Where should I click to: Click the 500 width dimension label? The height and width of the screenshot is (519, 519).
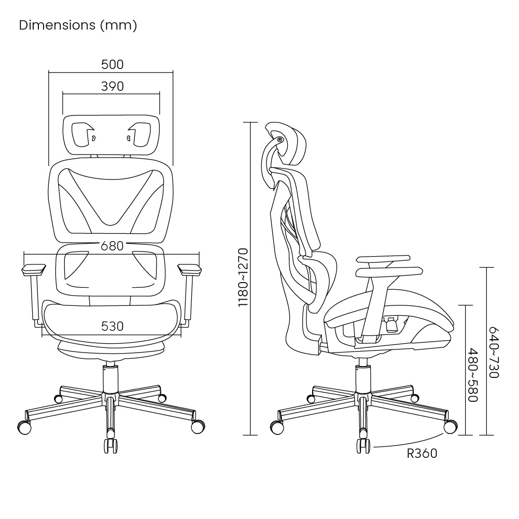click(113, 64)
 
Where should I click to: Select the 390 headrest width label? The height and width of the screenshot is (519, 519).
click(113, 86)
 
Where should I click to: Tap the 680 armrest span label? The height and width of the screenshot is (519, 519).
click(113, 246)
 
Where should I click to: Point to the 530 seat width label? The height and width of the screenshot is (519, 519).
click(113, 326)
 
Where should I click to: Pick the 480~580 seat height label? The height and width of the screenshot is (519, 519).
click(472, 374)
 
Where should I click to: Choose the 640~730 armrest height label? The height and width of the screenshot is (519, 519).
click(493, 353)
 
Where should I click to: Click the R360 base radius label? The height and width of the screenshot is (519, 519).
click(422, 454)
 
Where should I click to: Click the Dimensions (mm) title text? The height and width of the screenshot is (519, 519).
click(78, 25)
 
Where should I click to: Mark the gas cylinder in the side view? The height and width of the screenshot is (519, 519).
click(362, 378)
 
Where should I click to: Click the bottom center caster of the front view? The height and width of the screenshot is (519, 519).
click(111, 446)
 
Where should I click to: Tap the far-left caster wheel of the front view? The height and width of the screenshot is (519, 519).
click(24, 427)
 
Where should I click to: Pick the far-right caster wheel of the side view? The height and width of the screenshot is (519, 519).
click(450, 427)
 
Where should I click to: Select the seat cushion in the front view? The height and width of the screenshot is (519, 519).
click(113, 317)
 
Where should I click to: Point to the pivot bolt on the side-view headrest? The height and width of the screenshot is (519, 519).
click(279, 139)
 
